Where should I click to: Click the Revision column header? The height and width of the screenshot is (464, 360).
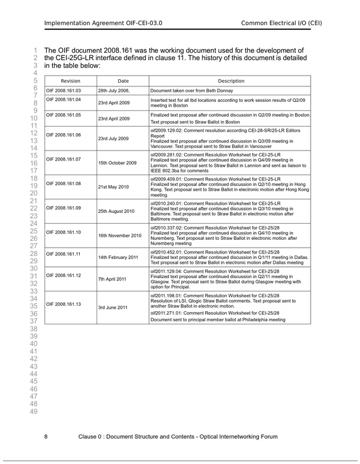(70, 81)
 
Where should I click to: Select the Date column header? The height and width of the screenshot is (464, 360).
(123, 81)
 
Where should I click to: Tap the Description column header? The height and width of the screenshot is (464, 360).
(231, 81)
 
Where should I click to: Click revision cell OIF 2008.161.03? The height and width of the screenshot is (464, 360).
(64, 91)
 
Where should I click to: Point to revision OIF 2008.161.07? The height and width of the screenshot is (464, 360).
(64, 159)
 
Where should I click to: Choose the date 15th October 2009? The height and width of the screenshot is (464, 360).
(118, 162)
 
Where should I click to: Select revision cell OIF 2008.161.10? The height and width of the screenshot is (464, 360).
(64, 231)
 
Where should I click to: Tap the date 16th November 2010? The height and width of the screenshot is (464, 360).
(119, 235)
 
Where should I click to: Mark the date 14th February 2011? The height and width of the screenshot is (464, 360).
(118, 257)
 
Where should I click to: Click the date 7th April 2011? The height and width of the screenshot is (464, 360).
(112, 279)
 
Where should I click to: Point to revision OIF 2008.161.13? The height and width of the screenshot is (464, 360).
(64, 304)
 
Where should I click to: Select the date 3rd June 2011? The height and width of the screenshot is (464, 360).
(113, 308)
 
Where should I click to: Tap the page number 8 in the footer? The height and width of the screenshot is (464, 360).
(46, 436)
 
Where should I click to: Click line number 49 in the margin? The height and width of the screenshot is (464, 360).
(34, 411)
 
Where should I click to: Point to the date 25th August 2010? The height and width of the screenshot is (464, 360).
(116, 211)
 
